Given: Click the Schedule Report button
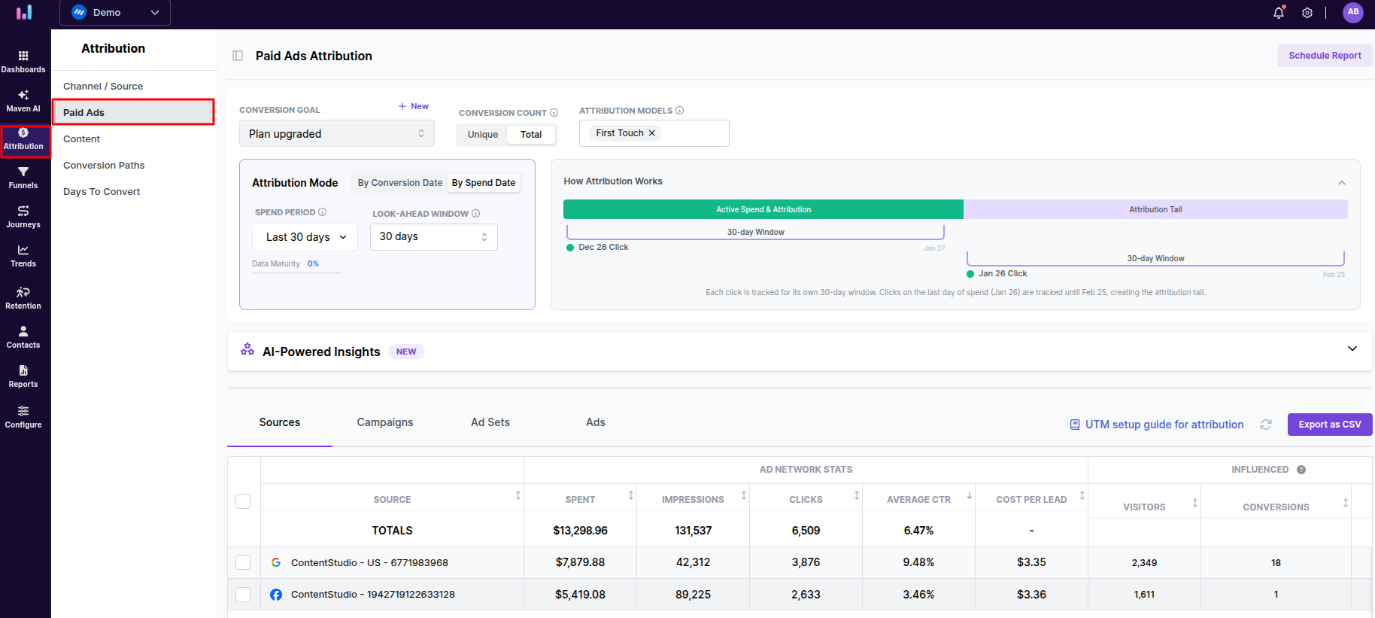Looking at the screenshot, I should click(x=1324, y=56).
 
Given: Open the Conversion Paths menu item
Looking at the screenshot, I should click(x=104, y=166).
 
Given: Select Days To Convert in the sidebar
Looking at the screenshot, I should click(x=102, y=192).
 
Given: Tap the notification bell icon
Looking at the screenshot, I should click(x=1278, y=13).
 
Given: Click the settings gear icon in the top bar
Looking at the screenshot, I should click(x=1307, y=13).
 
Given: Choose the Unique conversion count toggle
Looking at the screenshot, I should click(x=482, y=135).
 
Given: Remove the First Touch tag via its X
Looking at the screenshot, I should click(x=652, y=133).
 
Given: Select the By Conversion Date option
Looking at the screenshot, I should click(x=399, y=183).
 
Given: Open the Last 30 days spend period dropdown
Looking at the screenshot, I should click(x=305, y=237).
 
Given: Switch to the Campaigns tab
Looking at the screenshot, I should click(x=384, y=422).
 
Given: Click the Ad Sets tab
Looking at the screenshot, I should click(x=490, y=422).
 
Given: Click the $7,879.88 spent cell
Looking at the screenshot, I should click(x=580, y=562).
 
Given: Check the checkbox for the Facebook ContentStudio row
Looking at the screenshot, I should click(x=243, y=595).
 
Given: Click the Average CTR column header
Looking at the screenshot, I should click(x=918, y=500).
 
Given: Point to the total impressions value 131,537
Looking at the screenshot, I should click(x=693, y=531).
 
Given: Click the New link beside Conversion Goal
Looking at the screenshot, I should click(x=414, y=107).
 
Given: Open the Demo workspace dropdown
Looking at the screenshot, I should click(x=115, y=13).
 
